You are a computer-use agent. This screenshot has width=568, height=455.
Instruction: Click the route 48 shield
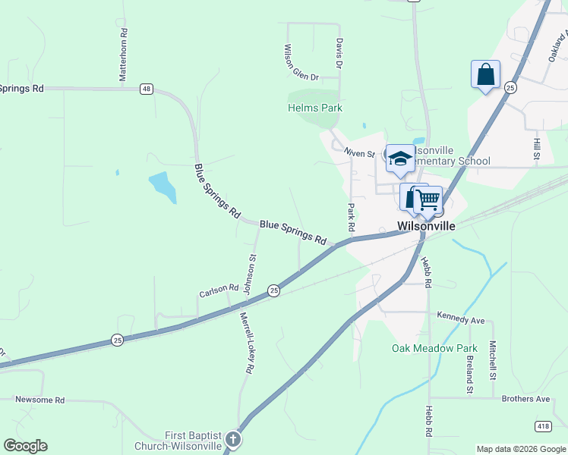pyautogui.click(x=147, y=89)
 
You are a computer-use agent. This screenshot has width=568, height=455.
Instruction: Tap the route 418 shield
pyautogui.click(x=543, y=426)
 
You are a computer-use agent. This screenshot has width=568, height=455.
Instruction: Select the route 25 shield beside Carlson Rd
pyautogui.click(x=273, y=290)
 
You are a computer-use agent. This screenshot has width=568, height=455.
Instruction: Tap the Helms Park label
pyautogui.click(x=314, y=108)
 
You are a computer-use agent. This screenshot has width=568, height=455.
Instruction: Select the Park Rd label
pyautogui.click(x=351, y=217)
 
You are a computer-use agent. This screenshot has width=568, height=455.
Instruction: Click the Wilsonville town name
pyautogui.click(x=427, y=226)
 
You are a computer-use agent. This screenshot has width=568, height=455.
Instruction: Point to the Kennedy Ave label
pyautogui.click(x=461, y=321)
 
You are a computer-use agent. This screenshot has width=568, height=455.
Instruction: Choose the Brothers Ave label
pyautogui.click(x=525, y=399)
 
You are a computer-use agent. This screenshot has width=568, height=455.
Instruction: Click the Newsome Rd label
pyautogui.click(x=40, y=400)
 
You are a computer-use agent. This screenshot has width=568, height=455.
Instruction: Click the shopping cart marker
pyautogui.click(x=428, y=199)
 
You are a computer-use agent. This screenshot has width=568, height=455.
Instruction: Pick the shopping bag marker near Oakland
pyautogui.click(x=485, y=74)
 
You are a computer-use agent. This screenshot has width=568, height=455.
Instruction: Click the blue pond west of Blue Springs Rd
pyautogui.click(x=163, y=186)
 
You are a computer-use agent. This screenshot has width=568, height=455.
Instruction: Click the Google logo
pyautogui.click(x=25, y=446)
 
